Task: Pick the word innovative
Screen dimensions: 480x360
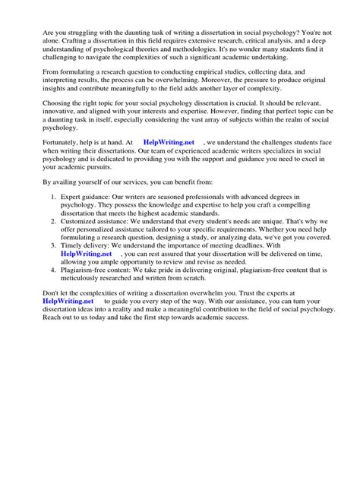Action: (45, 118)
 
